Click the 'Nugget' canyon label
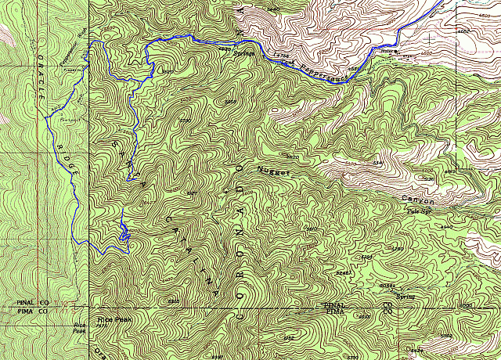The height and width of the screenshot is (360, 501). (274, 170)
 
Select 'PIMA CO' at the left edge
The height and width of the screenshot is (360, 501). (32, 311)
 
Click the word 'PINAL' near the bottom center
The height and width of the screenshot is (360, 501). (334, 304)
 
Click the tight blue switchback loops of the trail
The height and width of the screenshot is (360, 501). (124, 232)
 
